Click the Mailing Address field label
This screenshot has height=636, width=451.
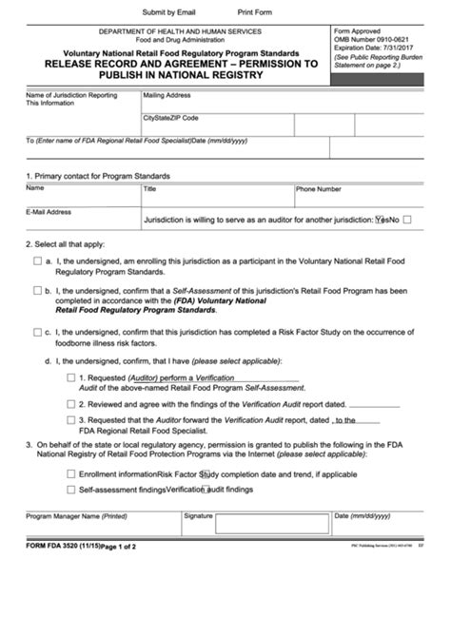(167, 95)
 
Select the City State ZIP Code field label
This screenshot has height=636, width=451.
(171, 118)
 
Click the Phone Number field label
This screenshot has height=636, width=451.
(319, 189)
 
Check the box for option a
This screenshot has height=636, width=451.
(37, 260)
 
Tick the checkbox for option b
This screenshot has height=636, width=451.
(37, 292)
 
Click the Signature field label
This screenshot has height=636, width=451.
(198, 515)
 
